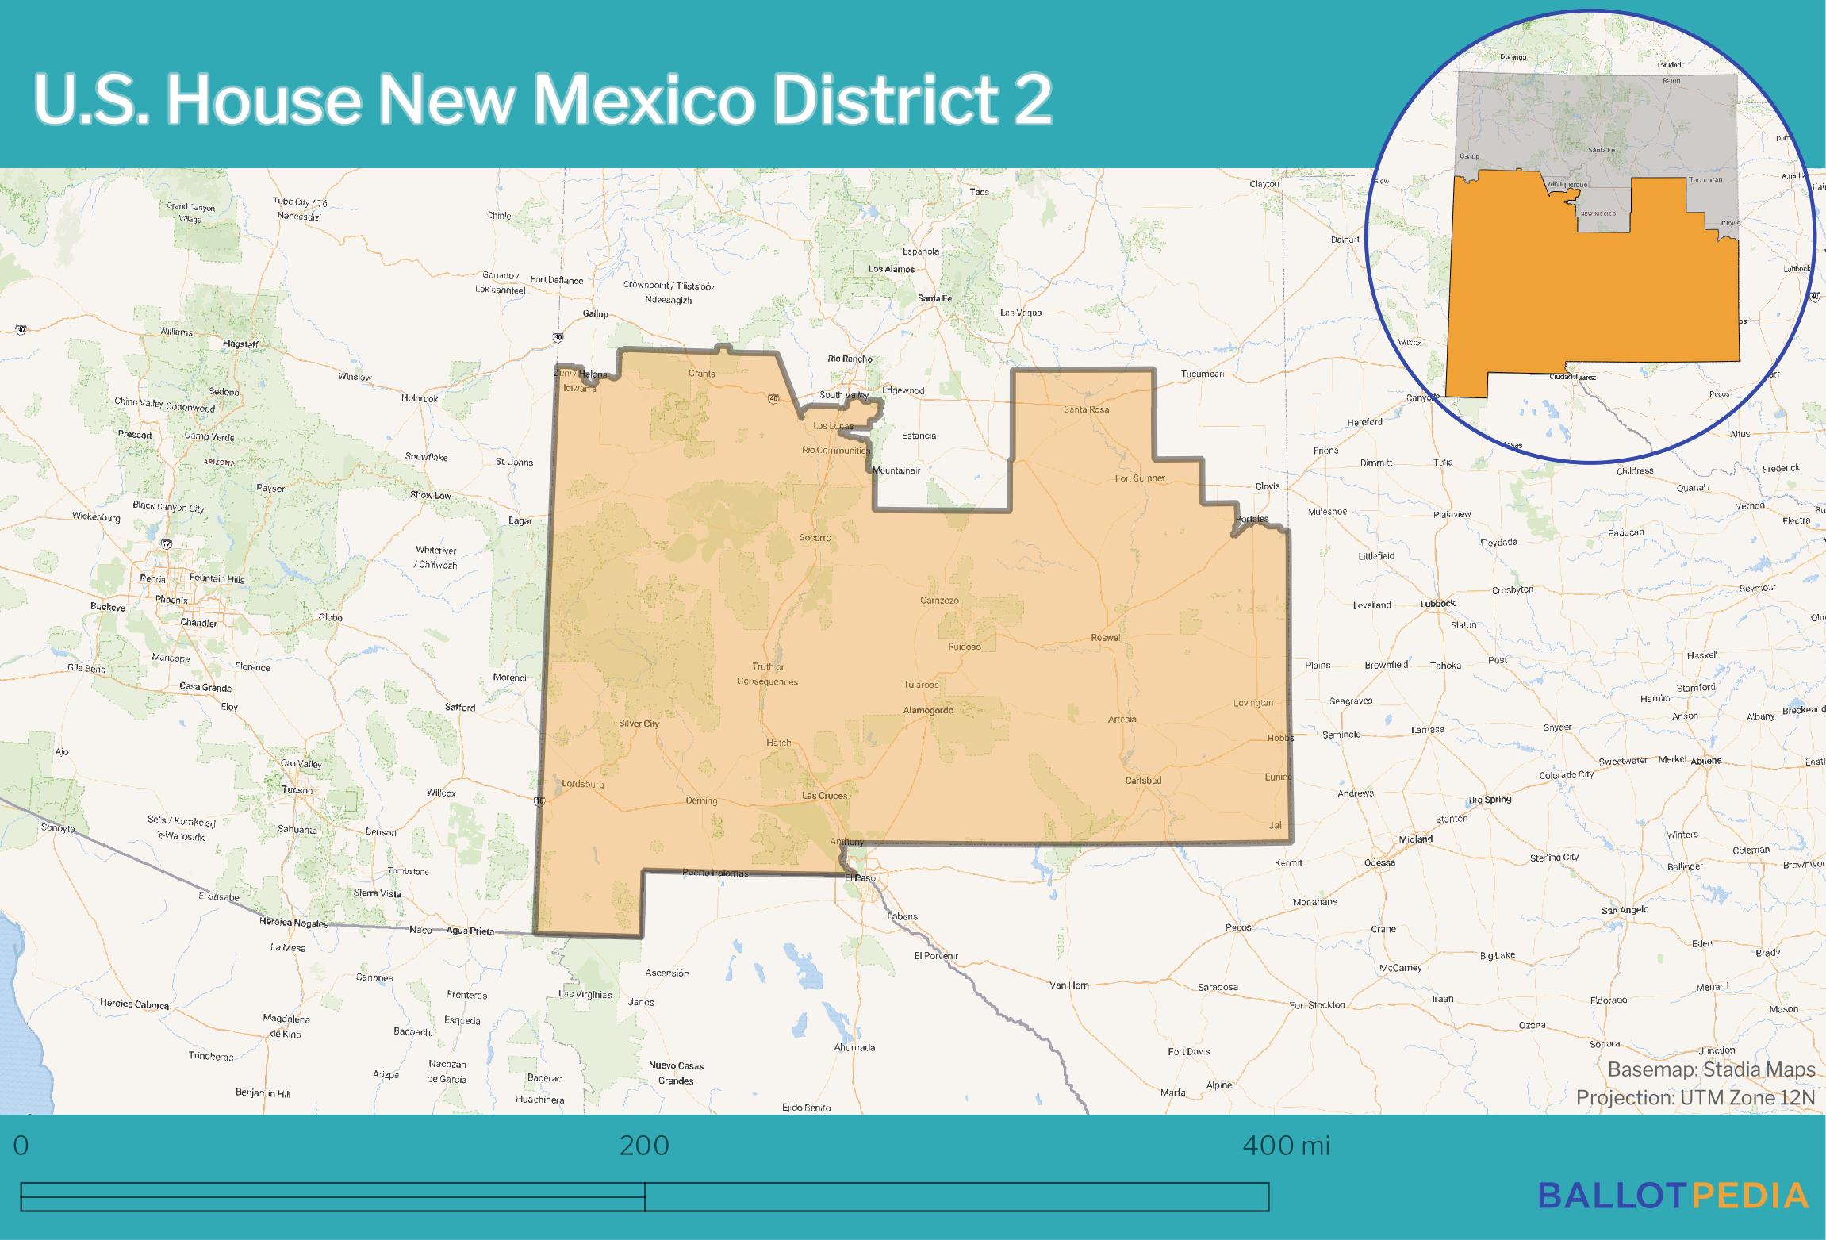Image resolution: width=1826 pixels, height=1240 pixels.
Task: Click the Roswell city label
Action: [1107, 638]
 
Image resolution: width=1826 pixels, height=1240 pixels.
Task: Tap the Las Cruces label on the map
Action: [824, 795]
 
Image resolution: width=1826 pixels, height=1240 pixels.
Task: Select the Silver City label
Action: [639, 724]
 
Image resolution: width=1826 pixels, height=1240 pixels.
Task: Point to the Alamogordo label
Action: [928, 711]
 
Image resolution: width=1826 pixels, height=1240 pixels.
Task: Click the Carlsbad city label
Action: [1143, 781]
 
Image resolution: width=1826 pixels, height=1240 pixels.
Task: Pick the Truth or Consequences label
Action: [768, 674]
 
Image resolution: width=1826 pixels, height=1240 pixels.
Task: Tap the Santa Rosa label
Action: [1086, 409]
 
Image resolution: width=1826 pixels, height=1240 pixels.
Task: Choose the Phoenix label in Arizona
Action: [171, 600]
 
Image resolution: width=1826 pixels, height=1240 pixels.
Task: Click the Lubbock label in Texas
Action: [1437, 604]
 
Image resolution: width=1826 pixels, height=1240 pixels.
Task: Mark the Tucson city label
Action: [297, 790]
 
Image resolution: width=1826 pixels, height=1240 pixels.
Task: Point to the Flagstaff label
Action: [240, 344]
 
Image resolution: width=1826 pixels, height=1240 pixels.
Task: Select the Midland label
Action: [1415, 839]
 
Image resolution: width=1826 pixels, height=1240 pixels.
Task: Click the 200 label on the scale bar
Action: [644, 1146]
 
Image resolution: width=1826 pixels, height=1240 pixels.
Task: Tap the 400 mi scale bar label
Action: [1286, 1146]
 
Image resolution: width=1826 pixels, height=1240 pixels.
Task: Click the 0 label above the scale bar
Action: [21, 1146]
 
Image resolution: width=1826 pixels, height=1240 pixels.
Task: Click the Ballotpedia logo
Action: [1674, 1195]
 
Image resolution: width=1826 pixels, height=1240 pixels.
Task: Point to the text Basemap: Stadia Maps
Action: [1711, 1069]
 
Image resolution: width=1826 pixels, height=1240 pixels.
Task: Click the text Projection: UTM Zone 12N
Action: [1695, 1097]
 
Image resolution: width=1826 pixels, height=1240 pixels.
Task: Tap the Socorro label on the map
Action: [815, 538]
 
